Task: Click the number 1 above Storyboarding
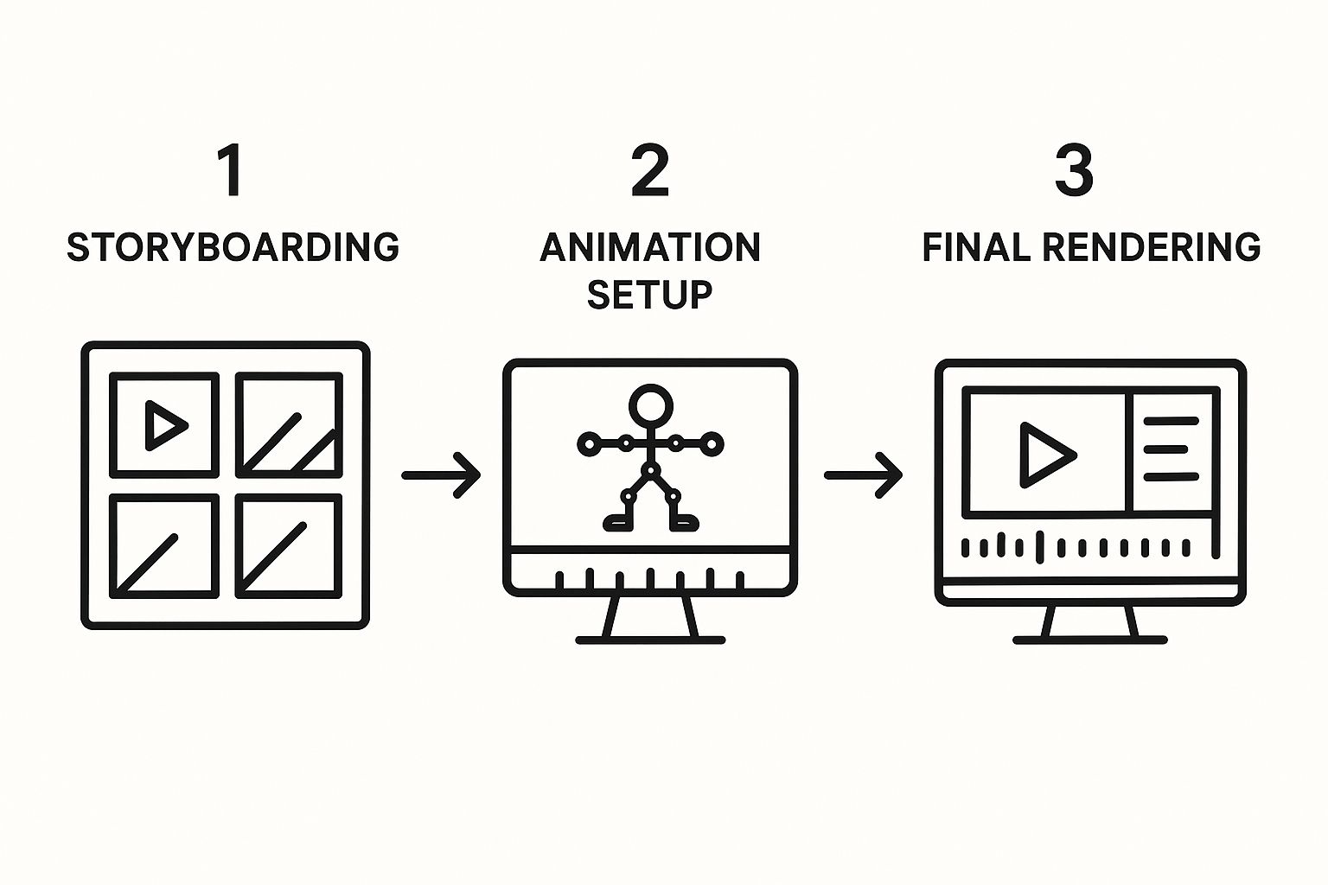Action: pos(230,171)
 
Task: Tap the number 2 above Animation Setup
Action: pos(650,171)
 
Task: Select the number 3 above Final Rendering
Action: pos(1074,171)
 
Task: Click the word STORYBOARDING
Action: pos(233,247)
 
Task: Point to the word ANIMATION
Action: pos(650,247)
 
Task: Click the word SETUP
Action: pos(650,295)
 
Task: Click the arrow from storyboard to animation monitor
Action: pos(441,474)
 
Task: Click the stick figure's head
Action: pos(650,404)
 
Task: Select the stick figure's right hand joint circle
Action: pos(712,444)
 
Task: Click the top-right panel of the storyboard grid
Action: pos(289,424)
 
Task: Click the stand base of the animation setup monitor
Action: pos(650,640)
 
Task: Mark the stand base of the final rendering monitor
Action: pos(1090,640)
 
